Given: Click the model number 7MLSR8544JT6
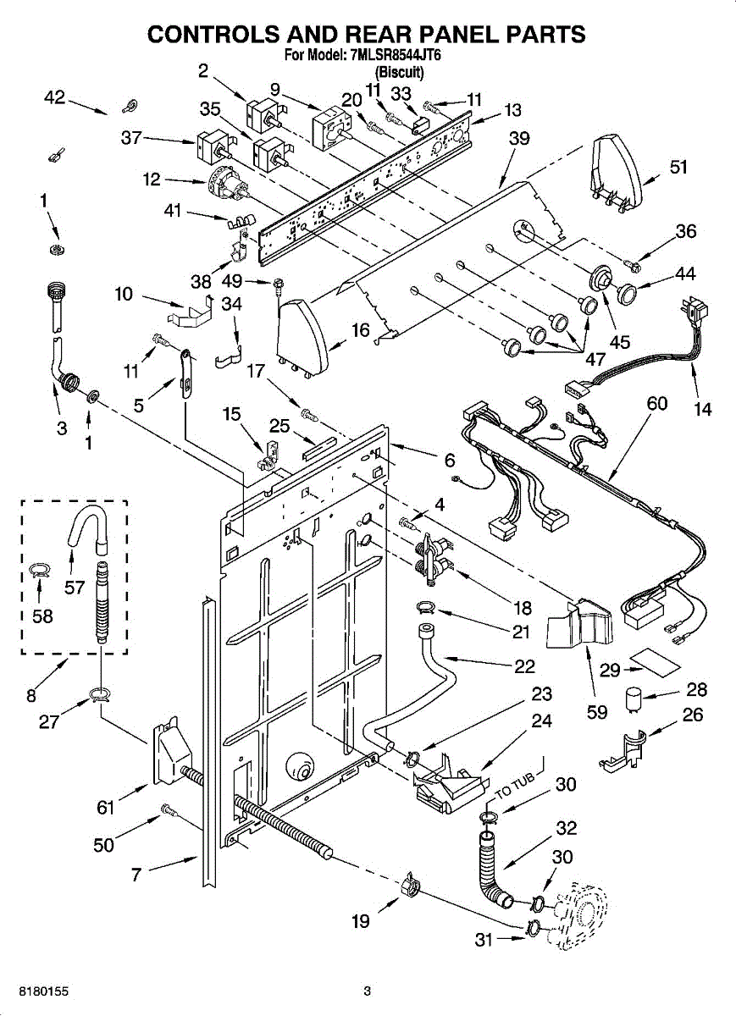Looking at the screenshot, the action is pyautogui.click(x=396, y=56).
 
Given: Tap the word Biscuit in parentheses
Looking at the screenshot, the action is pyautogui.click(x=399, y=72).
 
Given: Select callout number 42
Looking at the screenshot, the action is pyautogui.click(x=54, y=98).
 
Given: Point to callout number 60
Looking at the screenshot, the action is pyautogui.click(x=656, y=403).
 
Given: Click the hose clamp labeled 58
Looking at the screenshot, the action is pyautogui.click(x=40, y=569).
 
